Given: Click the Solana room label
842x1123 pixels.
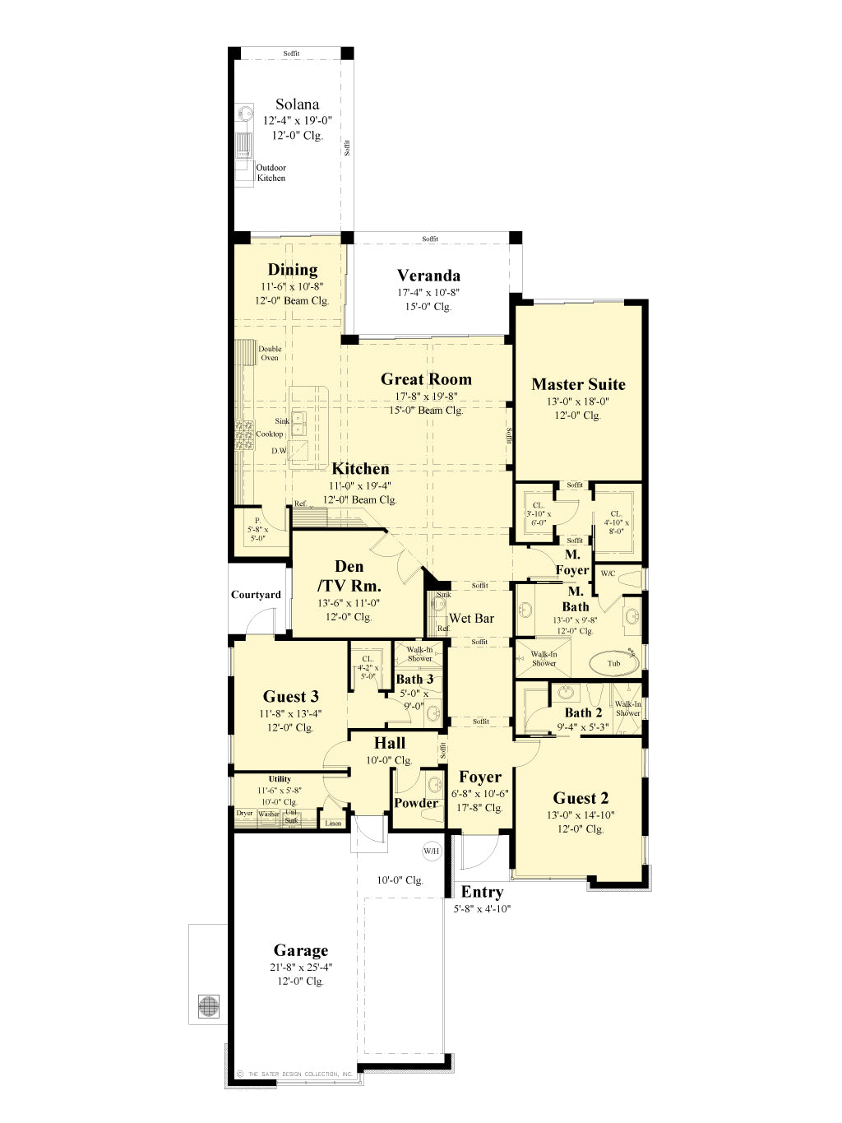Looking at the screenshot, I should point(297,104).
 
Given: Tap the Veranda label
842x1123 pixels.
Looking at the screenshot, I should point(428,276).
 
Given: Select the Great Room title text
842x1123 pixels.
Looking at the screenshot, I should point(426,379).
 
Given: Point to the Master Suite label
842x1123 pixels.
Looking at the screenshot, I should point(578,384).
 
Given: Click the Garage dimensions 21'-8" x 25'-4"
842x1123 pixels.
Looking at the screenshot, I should point(301,968).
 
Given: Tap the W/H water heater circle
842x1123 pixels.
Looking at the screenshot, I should point(432,851).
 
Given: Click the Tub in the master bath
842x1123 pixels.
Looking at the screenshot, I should point(614,663).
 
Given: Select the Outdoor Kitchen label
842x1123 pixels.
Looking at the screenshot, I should point(271,173).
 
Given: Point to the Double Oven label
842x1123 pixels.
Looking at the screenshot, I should point(270,353).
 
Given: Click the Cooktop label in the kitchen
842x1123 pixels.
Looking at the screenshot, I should point(270,434).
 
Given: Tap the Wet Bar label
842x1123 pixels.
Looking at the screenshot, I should point(472,618).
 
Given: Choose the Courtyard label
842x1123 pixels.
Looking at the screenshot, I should point(256,595).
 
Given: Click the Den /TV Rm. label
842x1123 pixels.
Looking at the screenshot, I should point(349,576).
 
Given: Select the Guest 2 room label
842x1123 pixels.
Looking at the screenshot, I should point(581,798).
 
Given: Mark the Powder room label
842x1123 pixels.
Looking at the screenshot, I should point(416,803).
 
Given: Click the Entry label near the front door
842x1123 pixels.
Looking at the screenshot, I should point(482,892).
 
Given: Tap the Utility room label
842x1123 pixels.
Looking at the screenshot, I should point(280,778).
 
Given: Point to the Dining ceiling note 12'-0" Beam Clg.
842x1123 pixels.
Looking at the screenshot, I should point(292,300).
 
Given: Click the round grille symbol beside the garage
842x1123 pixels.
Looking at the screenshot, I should point(209,1005).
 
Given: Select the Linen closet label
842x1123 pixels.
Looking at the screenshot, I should point(333,823).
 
